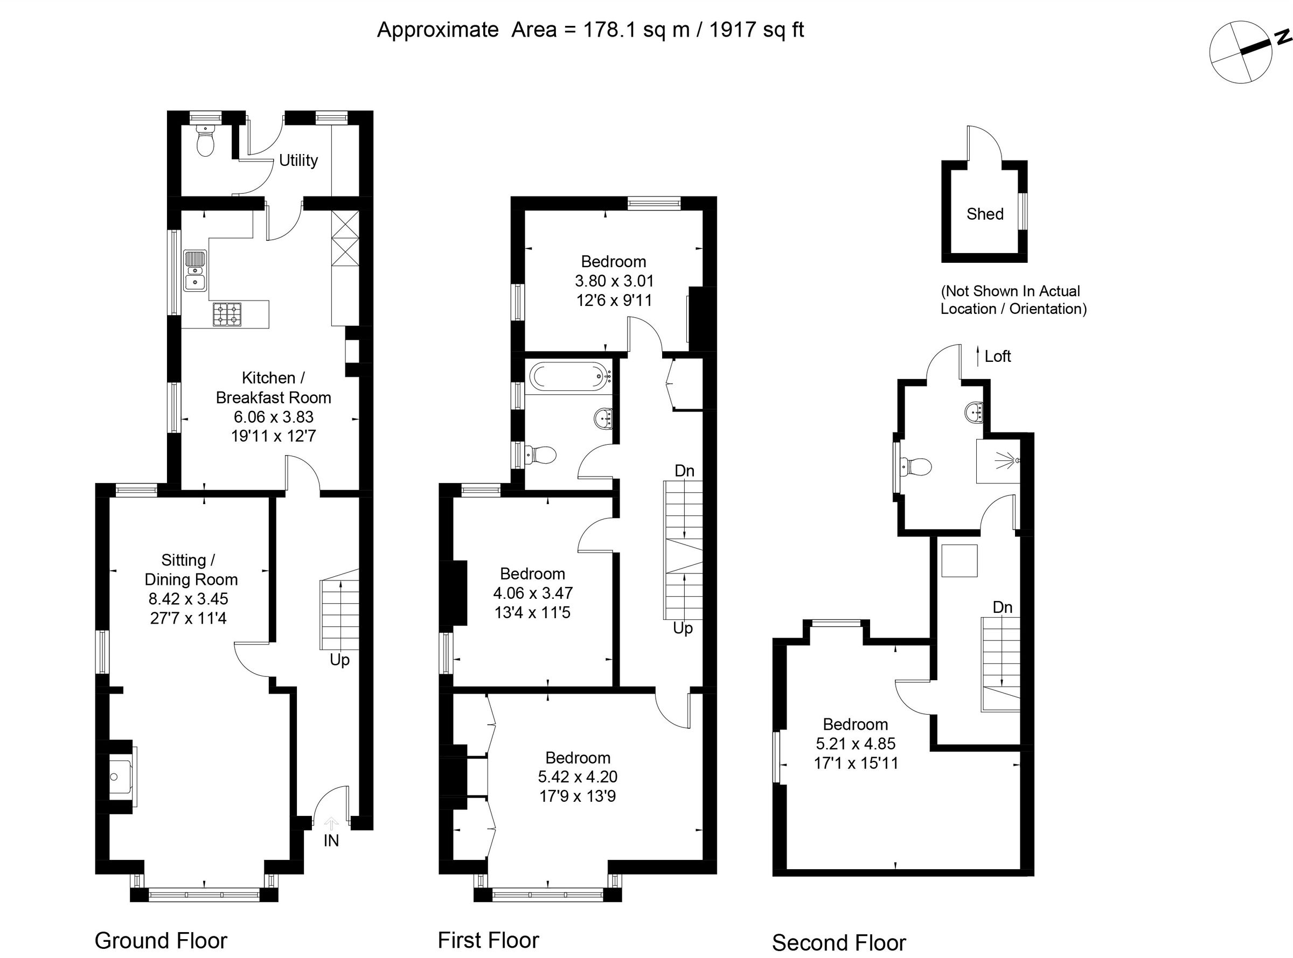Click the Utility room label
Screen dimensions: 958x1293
(298, 160)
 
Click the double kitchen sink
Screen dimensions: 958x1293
(195, 270)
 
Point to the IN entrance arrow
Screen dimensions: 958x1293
(331, 823)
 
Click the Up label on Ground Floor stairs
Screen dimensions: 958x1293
(339, 660)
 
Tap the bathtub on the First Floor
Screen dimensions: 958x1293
(568, 376)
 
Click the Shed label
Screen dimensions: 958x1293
(984, 214)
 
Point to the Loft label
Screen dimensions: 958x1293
(997, 356)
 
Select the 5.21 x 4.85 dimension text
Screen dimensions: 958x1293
(856, 744)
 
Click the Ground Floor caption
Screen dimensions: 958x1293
(161, 940)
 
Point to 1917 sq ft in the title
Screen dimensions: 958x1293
(756, 30)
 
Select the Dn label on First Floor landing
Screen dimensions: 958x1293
(684, 470)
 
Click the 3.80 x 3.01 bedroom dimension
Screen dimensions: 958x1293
(614, 281)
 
